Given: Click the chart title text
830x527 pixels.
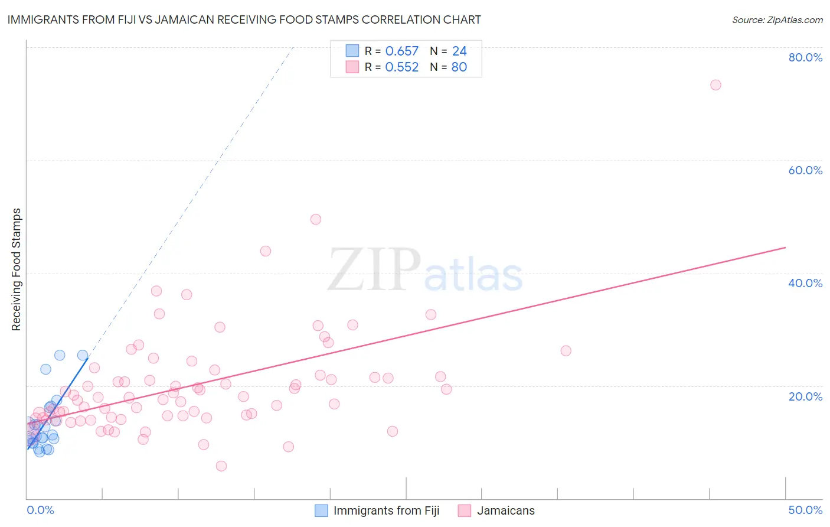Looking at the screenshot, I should click(244, 19).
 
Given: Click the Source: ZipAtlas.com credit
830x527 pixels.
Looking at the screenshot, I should click(777, 19).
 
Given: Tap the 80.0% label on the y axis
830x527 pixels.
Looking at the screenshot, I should click(805, 57).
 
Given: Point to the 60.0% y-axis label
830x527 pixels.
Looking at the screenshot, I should click(805, 170).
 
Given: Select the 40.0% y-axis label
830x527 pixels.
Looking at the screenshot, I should click(805, 283).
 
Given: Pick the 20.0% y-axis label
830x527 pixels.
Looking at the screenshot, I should click(805, 396).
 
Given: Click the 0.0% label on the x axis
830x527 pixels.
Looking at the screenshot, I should click(40, 510).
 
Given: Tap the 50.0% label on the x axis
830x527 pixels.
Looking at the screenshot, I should click(805, 510).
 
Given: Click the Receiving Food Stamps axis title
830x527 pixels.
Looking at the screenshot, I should click(17, 269).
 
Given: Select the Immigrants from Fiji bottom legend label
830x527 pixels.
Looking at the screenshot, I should click(386, 510).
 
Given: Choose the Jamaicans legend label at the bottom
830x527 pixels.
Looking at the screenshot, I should click(505, 510).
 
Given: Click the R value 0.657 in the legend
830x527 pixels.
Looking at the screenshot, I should click(401, 51).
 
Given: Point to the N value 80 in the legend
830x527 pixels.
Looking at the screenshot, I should click(459, 67).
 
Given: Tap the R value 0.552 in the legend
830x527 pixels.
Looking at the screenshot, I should click(401, 67).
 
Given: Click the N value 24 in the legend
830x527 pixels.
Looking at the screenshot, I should click(459, 51).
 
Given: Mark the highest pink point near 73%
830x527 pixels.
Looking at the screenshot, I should click(715, 84).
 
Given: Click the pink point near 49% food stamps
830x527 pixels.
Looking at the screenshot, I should click(316, 219).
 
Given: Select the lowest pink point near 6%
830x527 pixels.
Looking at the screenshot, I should click(221, 466).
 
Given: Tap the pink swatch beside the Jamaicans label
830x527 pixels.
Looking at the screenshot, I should click(465, 510).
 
